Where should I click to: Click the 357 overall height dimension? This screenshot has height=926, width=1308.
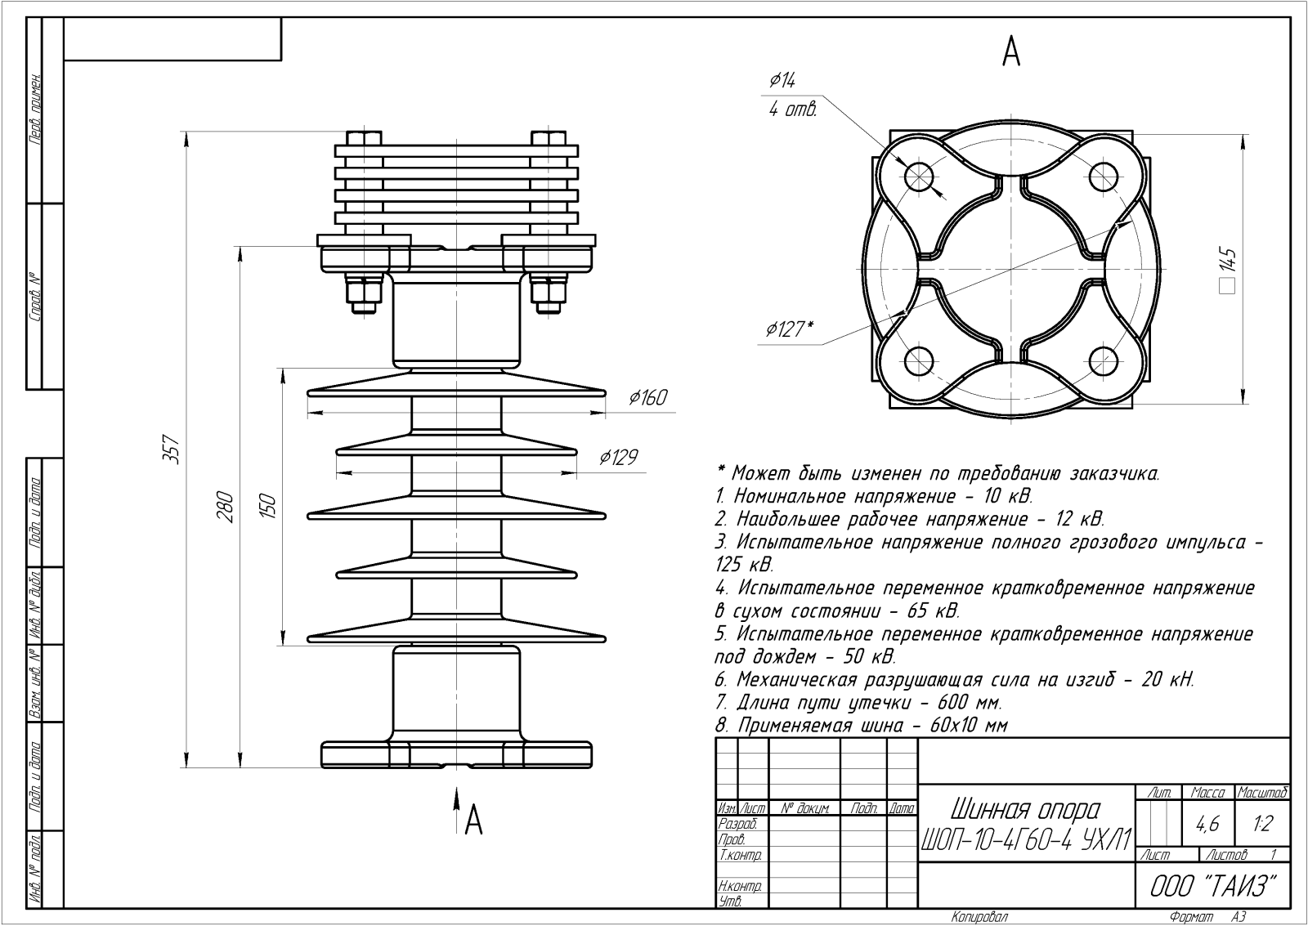point(172,448)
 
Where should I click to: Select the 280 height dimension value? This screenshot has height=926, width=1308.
point(226,507)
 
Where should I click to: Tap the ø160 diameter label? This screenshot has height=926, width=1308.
point(647,398)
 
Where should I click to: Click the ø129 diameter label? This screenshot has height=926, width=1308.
point(618,458)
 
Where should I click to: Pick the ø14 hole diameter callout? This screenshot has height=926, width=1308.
point(782,80)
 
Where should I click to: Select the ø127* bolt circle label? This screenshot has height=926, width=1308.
point(789,329)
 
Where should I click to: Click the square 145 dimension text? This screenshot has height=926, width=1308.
point(1228,271)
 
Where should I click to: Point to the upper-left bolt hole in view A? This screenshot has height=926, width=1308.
point(919,175)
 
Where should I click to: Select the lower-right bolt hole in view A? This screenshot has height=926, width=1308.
point(1103,360)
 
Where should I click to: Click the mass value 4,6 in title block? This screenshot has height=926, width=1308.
point(1207,825)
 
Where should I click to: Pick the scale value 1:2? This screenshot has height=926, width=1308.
point(1262,825)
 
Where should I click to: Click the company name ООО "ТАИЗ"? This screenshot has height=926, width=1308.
point(1214,886)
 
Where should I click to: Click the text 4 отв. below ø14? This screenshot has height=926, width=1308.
point(792,110)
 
